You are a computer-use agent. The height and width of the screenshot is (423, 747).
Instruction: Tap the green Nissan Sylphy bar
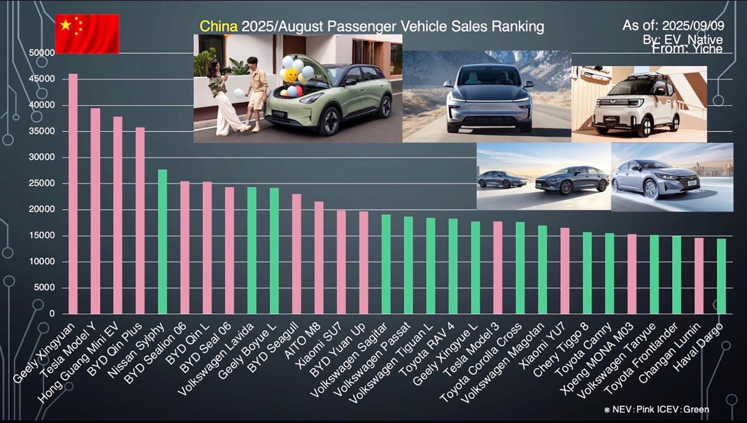(x=162, y=242)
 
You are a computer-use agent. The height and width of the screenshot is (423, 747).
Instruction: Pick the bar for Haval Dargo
(x=721, y=276)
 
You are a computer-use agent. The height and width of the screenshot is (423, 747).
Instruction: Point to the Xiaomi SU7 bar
(x=341, y=262)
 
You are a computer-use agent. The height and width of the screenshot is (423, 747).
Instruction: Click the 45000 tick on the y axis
(x=42, y=79)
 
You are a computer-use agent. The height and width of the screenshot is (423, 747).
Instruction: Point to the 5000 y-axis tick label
(x=45, y=287)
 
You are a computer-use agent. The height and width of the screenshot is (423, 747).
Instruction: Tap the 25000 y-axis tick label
(x=42, y=183)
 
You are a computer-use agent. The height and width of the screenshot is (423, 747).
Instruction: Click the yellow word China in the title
(x=218, y=26)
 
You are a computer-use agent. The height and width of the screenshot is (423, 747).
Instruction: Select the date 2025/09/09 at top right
(x=693, y=25)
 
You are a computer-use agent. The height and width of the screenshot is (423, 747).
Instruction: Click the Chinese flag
(x=87, y=33)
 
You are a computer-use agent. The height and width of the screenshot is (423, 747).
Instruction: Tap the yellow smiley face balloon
(x=291, y=75)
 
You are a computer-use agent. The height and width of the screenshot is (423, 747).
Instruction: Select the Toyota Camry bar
(x=610, y=274)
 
